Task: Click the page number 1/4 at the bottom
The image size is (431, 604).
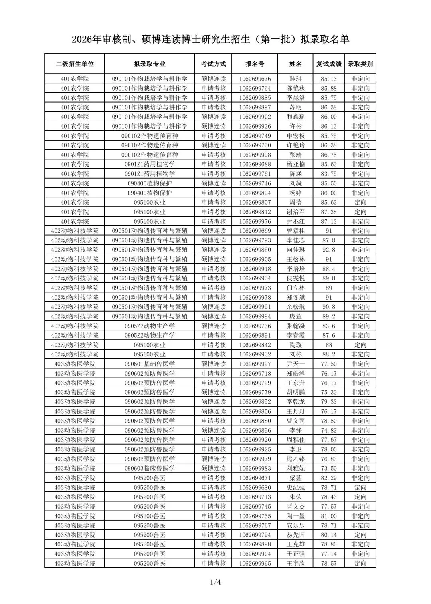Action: click(x=215, y=582)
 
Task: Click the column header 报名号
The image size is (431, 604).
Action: click(x=255, y=64)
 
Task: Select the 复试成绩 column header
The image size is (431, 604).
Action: click(x=329, y=64)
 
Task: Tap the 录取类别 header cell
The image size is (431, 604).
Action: click(x=360, y=64)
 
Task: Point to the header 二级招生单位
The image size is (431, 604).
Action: click(x=75, y=64)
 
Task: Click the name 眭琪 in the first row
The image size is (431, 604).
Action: click(x=295, y=79)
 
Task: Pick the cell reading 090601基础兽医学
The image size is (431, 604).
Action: click(x=150, y=364)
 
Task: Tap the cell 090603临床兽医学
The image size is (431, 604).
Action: click(x=150, y=469)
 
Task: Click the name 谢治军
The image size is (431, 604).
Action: click(x=295, y=212)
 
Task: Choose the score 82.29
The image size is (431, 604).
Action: click(x=329, y=478)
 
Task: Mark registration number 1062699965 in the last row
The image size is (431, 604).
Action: click(x=255, y=564)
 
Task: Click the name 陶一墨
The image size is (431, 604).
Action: click(x=295, y=516)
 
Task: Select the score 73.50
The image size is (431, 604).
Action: click(x=329, y=469)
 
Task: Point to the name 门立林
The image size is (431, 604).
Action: click(x=295, y=288)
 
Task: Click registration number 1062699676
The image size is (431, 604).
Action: click(x=255, y=79)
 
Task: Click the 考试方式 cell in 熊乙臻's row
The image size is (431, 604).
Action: click(x=214, y=459)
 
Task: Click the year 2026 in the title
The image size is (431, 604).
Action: click(x=82, y=39)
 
